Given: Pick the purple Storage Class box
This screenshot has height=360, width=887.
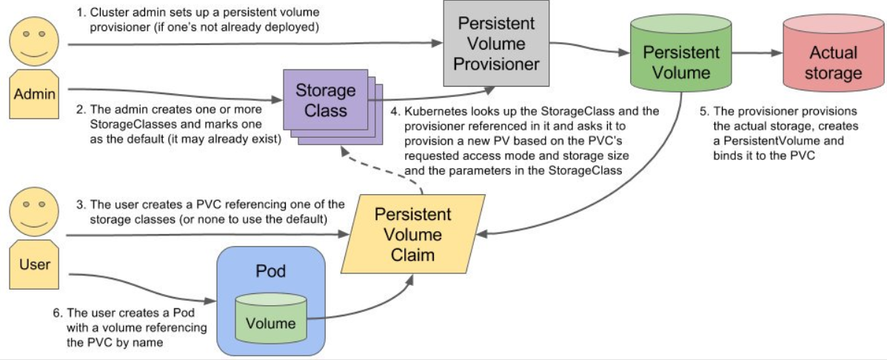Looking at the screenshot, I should [326, 101].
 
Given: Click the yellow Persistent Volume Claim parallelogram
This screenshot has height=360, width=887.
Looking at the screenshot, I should [412, 234].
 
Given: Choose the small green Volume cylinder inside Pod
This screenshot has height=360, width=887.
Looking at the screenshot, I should [271, 321].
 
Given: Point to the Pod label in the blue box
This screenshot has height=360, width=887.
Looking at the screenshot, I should [271, 270].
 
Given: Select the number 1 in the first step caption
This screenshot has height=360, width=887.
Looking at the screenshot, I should [79, 12].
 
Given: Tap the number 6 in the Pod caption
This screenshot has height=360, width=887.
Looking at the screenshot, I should [56, 313].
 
